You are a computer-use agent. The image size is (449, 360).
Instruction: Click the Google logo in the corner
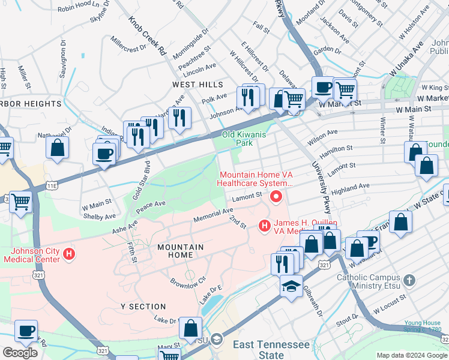(21, 353)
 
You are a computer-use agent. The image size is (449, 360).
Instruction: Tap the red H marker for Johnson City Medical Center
(70, 254)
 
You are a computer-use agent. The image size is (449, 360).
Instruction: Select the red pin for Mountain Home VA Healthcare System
(276, 196)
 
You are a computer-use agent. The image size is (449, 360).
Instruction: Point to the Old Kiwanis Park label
(244, 139)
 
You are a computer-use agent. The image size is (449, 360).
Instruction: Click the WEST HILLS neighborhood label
(197, 85)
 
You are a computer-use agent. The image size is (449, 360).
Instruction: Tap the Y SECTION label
(143, 307)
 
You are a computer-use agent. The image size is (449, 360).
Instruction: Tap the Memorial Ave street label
(212, 214)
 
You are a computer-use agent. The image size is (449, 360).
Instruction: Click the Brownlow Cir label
(188, 281)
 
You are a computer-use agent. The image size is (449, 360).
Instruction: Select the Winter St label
(382, 127)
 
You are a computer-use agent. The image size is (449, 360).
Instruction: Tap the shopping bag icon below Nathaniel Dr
(58, 148)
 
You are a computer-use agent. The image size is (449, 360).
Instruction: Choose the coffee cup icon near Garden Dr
(323, 88)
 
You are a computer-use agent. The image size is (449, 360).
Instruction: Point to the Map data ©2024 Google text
(411, 355)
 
